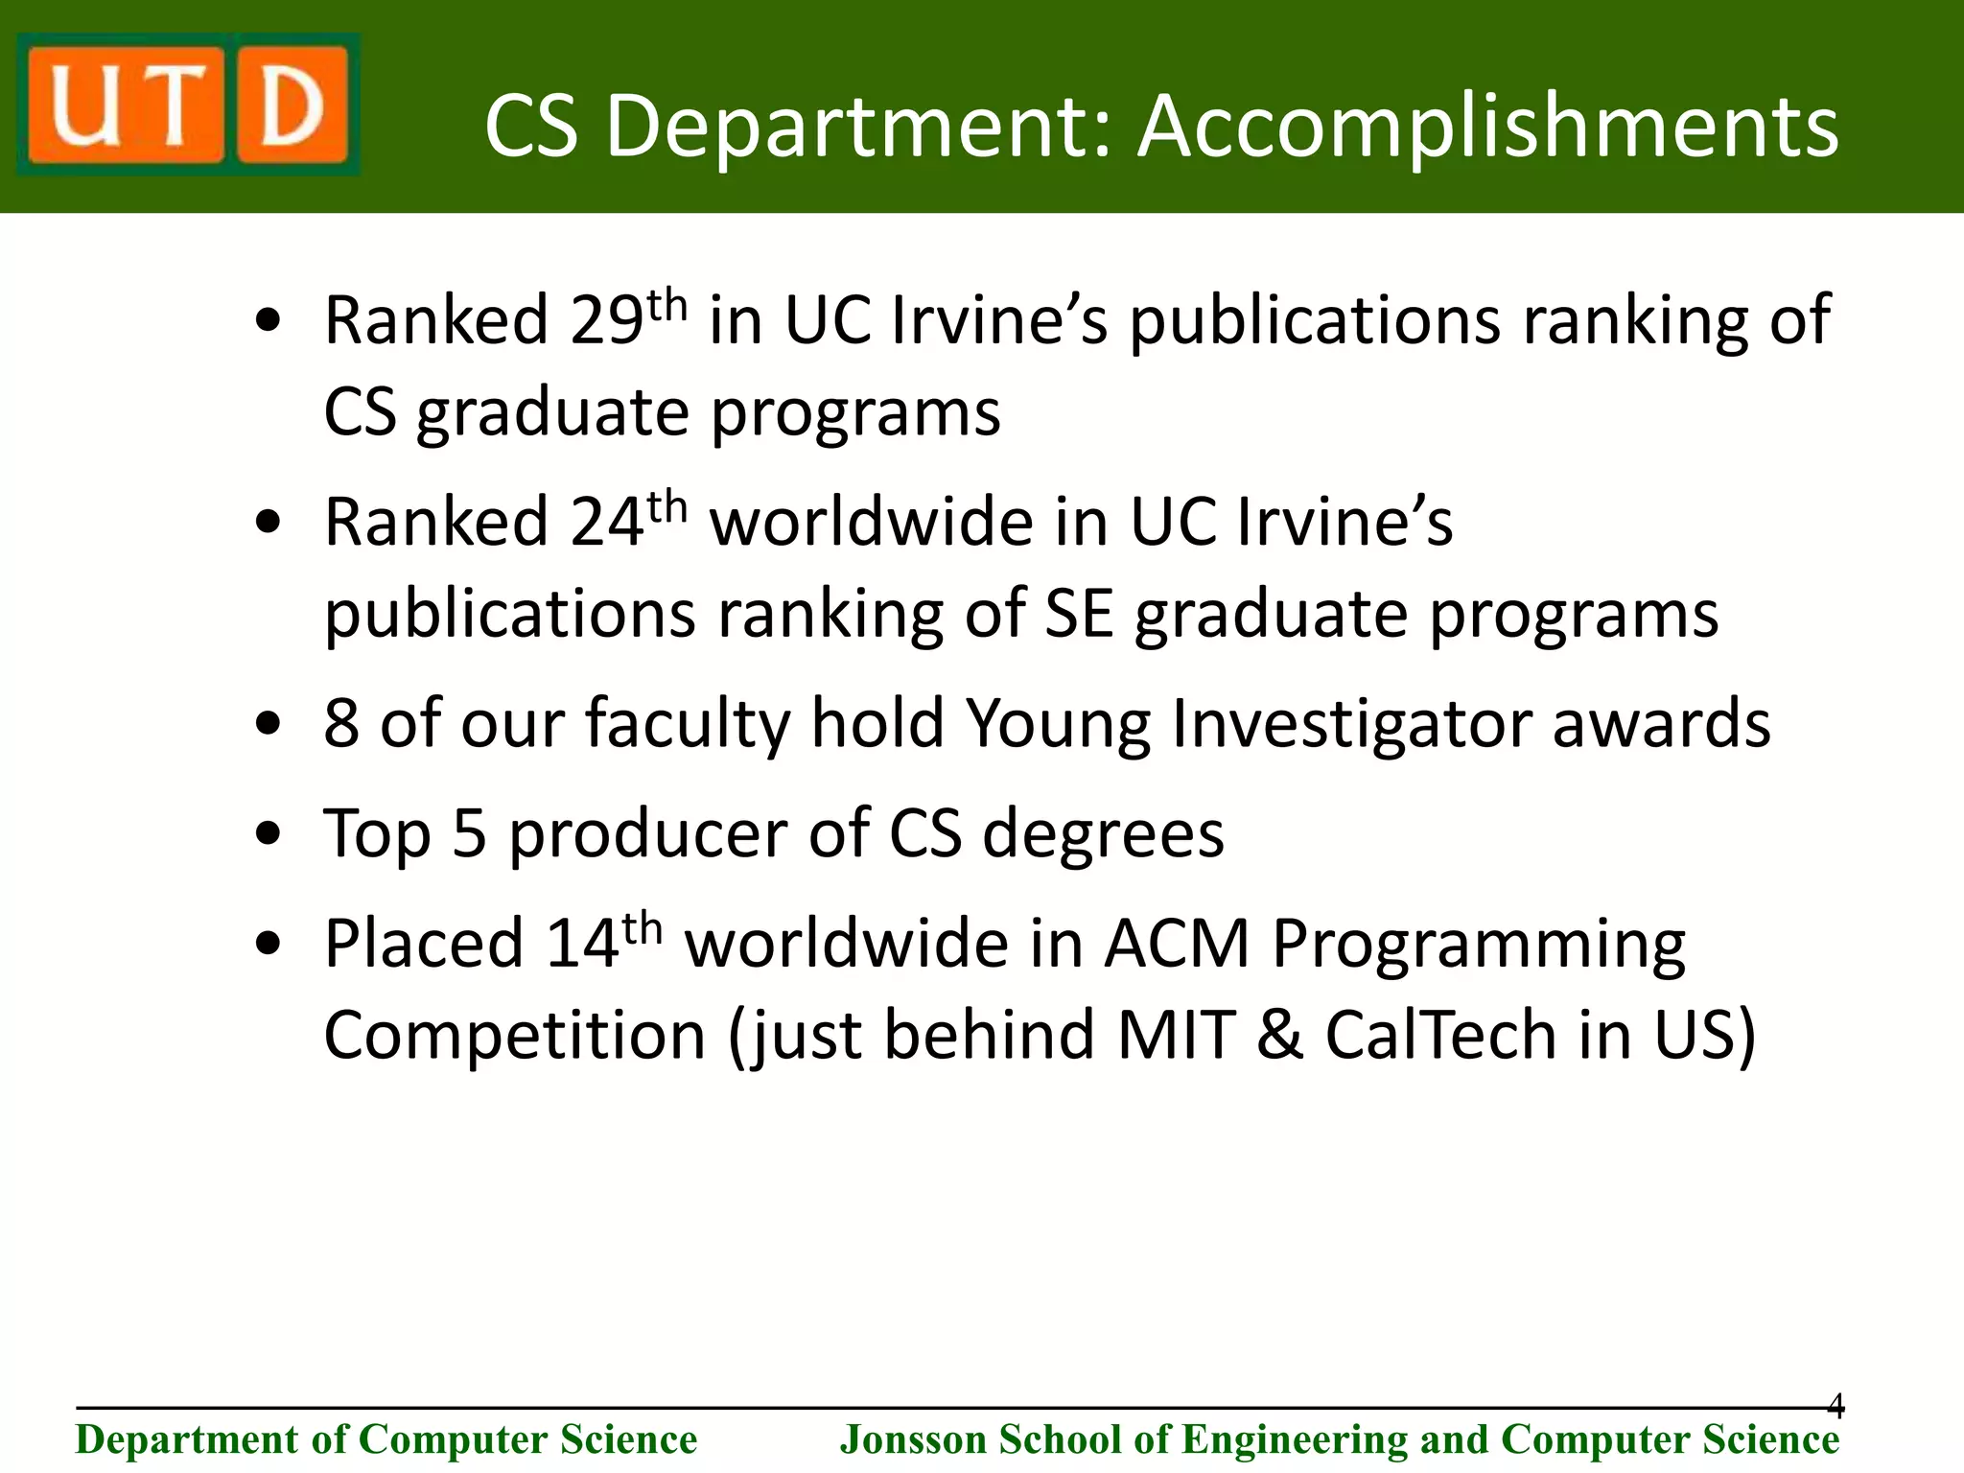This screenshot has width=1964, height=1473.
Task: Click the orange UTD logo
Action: click(x=188, y=104)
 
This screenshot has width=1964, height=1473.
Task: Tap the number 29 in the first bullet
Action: click(x=606, y=320)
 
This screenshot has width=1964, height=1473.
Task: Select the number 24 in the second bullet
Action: click(x=606, y=523)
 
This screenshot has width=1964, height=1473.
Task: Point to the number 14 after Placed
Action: click(x=581, y=944)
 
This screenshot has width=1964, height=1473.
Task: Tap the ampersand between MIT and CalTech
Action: click(x=1279, y=1036)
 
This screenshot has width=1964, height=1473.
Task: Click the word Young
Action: click(x=1058, y=724)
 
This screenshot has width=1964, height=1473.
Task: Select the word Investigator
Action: click(x=1351, y=724)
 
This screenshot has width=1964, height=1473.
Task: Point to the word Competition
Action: click(x=515, y=1036)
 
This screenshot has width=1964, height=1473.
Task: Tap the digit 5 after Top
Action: click(x=469, y=833)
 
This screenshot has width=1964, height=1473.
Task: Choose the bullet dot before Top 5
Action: click(x=269, y=834)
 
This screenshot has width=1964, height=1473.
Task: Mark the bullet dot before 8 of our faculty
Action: click(x=269, y=725)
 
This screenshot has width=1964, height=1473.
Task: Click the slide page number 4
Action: click(x=1835, y=1406)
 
